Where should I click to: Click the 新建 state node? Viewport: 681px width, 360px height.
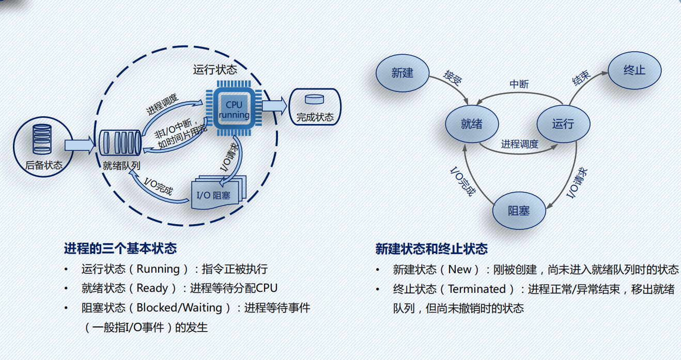pyautogui.click(x=402, y=73)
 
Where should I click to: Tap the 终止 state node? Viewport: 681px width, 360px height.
pyautogui.click(x=634, y=70)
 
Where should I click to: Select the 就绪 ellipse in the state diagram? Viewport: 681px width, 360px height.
pyautogui.click(x=471, y=124)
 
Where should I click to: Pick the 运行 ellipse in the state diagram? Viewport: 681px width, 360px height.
pyautogui.click(x=563, y=124)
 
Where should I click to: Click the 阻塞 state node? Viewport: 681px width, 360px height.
pyautogui.click(x=519, y=211)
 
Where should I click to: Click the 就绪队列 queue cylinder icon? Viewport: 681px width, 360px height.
pyautogui.click(x=120, y=144)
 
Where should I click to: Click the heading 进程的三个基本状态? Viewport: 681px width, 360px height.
pyautogui.click(x=120, y=248)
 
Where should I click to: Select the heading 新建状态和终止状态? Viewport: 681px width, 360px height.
pyautogui.click(x=431, y=249)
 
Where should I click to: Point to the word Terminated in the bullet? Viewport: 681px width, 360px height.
pyautogui.click(x=477, y=289)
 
